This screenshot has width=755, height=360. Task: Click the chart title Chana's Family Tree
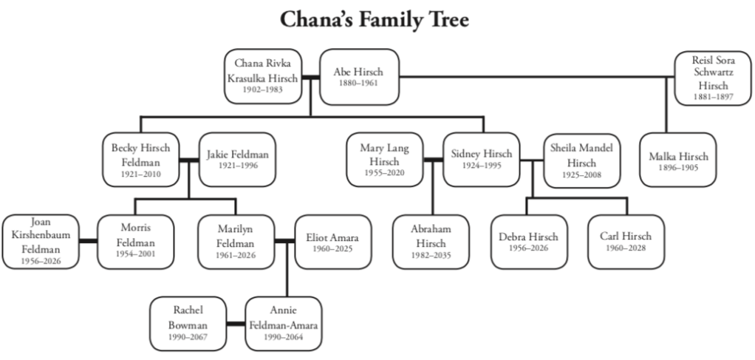click(374, 20)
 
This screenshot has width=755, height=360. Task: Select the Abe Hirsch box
click(358, 77)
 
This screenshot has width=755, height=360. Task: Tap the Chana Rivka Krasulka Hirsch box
click(263, 77)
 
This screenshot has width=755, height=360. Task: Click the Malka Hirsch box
click(677, 160)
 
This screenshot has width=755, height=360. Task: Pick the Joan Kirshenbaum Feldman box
click(41, 242)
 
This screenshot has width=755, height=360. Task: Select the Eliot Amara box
click(332, 242)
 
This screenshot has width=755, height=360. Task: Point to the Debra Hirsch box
click(528, 242)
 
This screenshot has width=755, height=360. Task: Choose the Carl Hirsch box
click(625, 242)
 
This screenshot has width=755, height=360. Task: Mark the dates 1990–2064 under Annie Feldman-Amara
click(283, 337)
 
